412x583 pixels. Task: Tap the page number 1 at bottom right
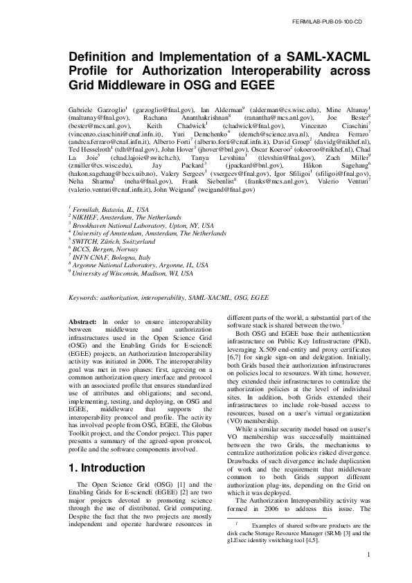[x=369, y=554]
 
